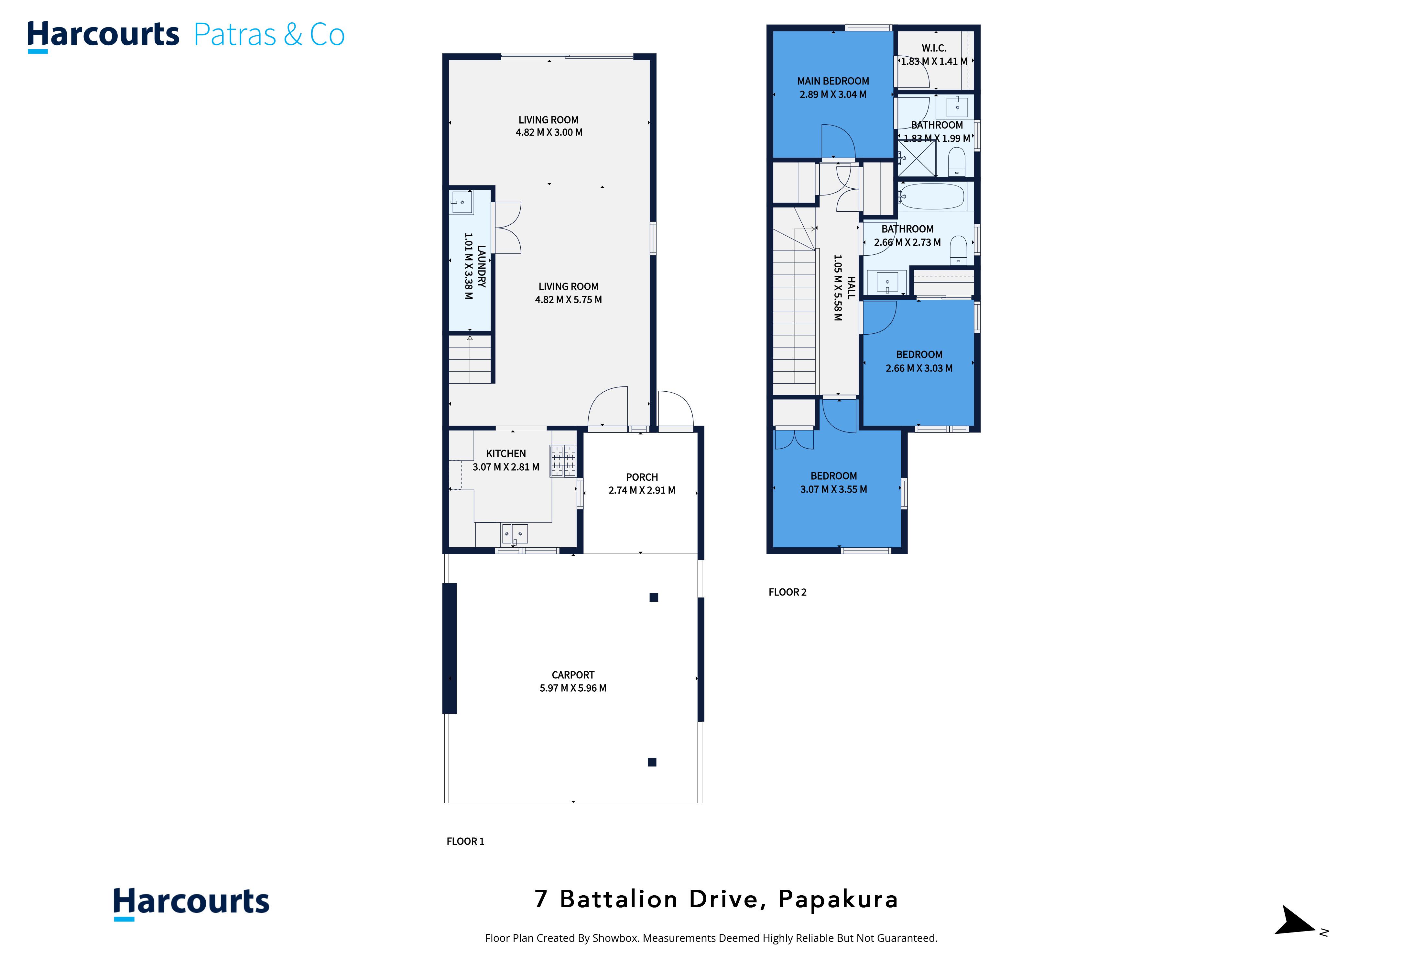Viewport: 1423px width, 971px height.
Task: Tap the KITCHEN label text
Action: pos(506,453)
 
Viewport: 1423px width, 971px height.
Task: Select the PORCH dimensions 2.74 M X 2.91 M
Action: pos(642,490)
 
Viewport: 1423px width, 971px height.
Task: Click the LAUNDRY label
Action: pos(481,266)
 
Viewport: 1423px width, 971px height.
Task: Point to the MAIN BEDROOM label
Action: pos(833,81)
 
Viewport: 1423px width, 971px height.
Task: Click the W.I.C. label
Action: pos(934,48)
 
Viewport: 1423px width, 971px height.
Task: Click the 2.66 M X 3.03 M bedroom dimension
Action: pos(919,368)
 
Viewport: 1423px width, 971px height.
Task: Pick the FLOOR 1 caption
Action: pos(465,841)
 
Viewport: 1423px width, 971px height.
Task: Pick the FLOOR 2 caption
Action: pos(788,592)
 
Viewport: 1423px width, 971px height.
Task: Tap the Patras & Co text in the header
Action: pos(269,35)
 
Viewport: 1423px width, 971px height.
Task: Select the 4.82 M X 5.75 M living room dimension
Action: pos(568,300)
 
